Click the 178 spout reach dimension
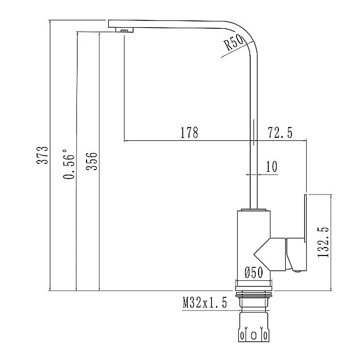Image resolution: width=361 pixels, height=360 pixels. [189, 133]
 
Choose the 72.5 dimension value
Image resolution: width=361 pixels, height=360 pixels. [279, 133]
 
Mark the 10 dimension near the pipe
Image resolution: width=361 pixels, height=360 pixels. [270, 166]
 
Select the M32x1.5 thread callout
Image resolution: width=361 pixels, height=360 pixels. [204, 303]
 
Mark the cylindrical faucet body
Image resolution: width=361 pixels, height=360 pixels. [252, 243]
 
